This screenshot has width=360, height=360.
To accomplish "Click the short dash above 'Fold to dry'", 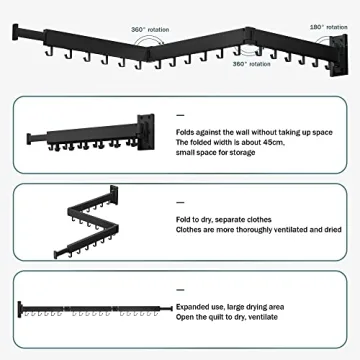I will [180, 202].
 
